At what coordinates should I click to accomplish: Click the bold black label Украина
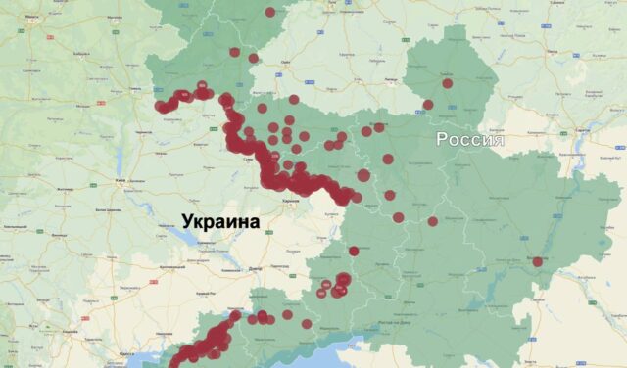click(x=219, y=221)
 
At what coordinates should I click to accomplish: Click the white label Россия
click(x=470, y=140)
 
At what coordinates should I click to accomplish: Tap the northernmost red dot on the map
click(x=269, y=12)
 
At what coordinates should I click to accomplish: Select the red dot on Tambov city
click(x=448, y=84)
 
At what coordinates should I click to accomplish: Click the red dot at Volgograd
click(x=537, y=261)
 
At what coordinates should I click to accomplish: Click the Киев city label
click(x=119, y=181)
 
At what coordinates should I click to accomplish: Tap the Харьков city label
click(x=289, y=200)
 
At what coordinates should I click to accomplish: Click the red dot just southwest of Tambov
click(x=427, y=105)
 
